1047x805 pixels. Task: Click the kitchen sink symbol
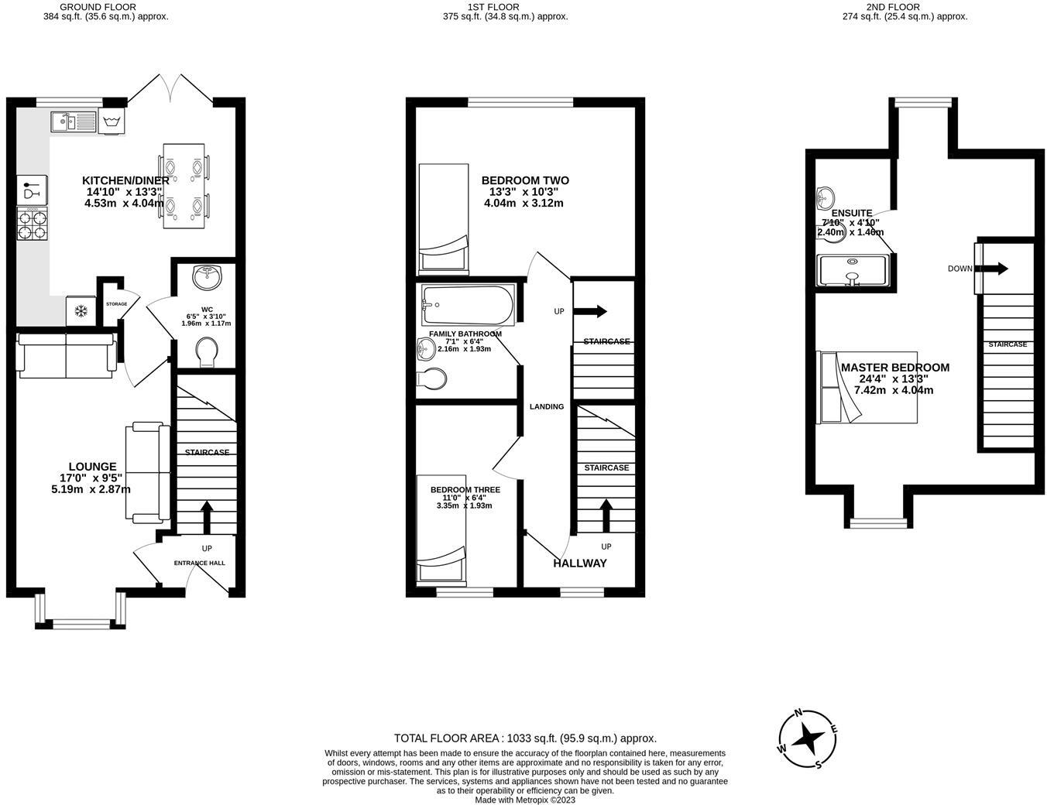point(72,122)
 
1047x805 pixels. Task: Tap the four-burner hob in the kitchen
point(32,224)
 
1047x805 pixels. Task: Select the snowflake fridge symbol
point(80,310)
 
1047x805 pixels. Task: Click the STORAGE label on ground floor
point(116,304)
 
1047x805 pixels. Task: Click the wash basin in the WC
point(207,275)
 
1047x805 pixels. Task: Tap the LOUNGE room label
point(92,467)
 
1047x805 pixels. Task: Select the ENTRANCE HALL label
point(199,563)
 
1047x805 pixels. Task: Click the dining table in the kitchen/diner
point(184,186)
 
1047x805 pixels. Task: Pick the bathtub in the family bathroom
point(468,305)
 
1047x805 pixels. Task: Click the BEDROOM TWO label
point(524,180)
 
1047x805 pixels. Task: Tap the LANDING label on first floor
point(546,406)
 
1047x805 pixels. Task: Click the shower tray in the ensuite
point(852,269)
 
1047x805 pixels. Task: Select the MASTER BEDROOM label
point(894,368)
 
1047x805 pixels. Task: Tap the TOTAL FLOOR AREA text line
point(525,738)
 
